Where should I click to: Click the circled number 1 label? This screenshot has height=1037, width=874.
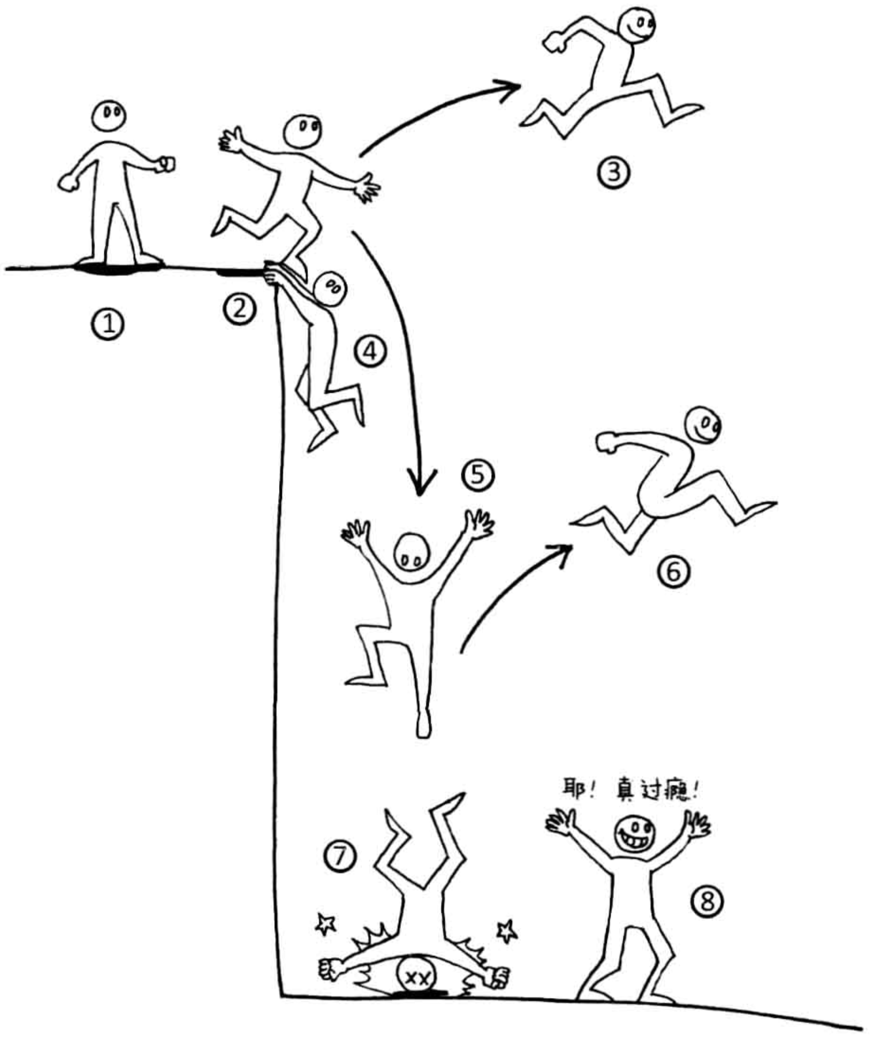108,325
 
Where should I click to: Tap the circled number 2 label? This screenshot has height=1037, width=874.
239,309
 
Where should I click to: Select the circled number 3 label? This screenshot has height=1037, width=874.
613,173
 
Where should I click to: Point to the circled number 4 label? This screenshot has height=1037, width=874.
371,351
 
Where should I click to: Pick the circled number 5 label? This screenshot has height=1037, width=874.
478,475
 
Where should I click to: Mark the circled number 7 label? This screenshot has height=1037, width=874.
340,856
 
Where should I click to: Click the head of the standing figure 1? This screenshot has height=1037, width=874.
109,116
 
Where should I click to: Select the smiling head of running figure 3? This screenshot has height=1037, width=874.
636,25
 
